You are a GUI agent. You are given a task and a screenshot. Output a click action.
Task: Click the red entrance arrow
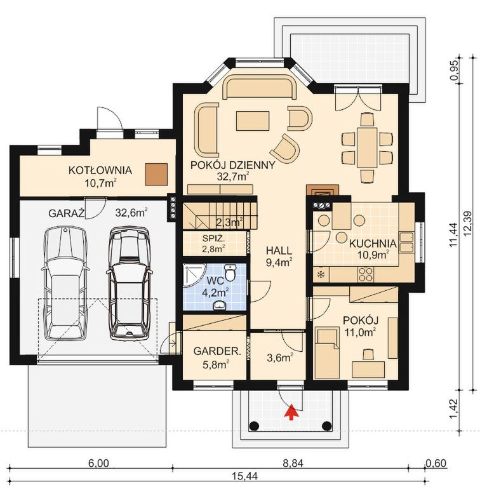point(291,412)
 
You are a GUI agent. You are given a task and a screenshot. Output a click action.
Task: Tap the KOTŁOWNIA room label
point(100,170)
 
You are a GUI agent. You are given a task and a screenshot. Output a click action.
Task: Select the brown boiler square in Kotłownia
point(156,174)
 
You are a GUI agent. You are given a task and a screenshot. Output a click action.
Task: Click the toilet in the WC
point(231,272)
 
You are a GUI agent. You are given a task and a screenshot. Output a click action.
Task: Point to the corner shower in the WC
point(194,275)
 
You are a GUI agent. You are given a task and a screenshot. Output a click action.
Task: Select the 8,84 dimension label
point(293,464)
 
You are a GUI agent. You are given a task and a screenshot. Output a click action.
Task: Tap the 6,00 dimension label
point(98,464)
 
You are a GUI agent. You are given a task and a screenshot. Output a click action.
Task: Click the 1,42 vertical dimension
point(455,410)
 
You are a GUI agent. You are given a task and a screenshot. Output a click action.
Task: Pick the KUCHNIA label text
point(373,244)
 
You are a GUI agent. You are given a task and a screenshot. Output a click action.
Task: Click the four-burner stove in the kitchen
point(365,274)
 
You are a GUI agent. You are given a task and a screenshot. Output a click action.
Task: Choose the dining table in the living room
point(367,147)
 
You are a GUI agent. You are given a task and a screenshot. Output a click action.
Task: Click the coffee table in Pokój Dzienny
point(253,121)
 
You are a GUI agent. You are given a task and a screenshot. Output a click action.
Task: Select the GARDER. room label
point(217,351)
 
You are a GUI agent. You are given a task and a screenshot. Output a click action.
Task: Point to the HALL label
point(279,250)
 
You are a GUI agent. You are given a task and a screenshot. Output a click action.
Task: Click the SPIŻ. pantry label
point(213,239)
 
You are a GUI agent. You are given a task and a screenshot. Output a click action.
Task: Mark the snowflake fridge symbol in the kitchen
point(320,275)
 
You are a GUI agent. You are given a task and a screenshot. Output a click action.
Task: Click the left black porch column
point(254,425)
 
